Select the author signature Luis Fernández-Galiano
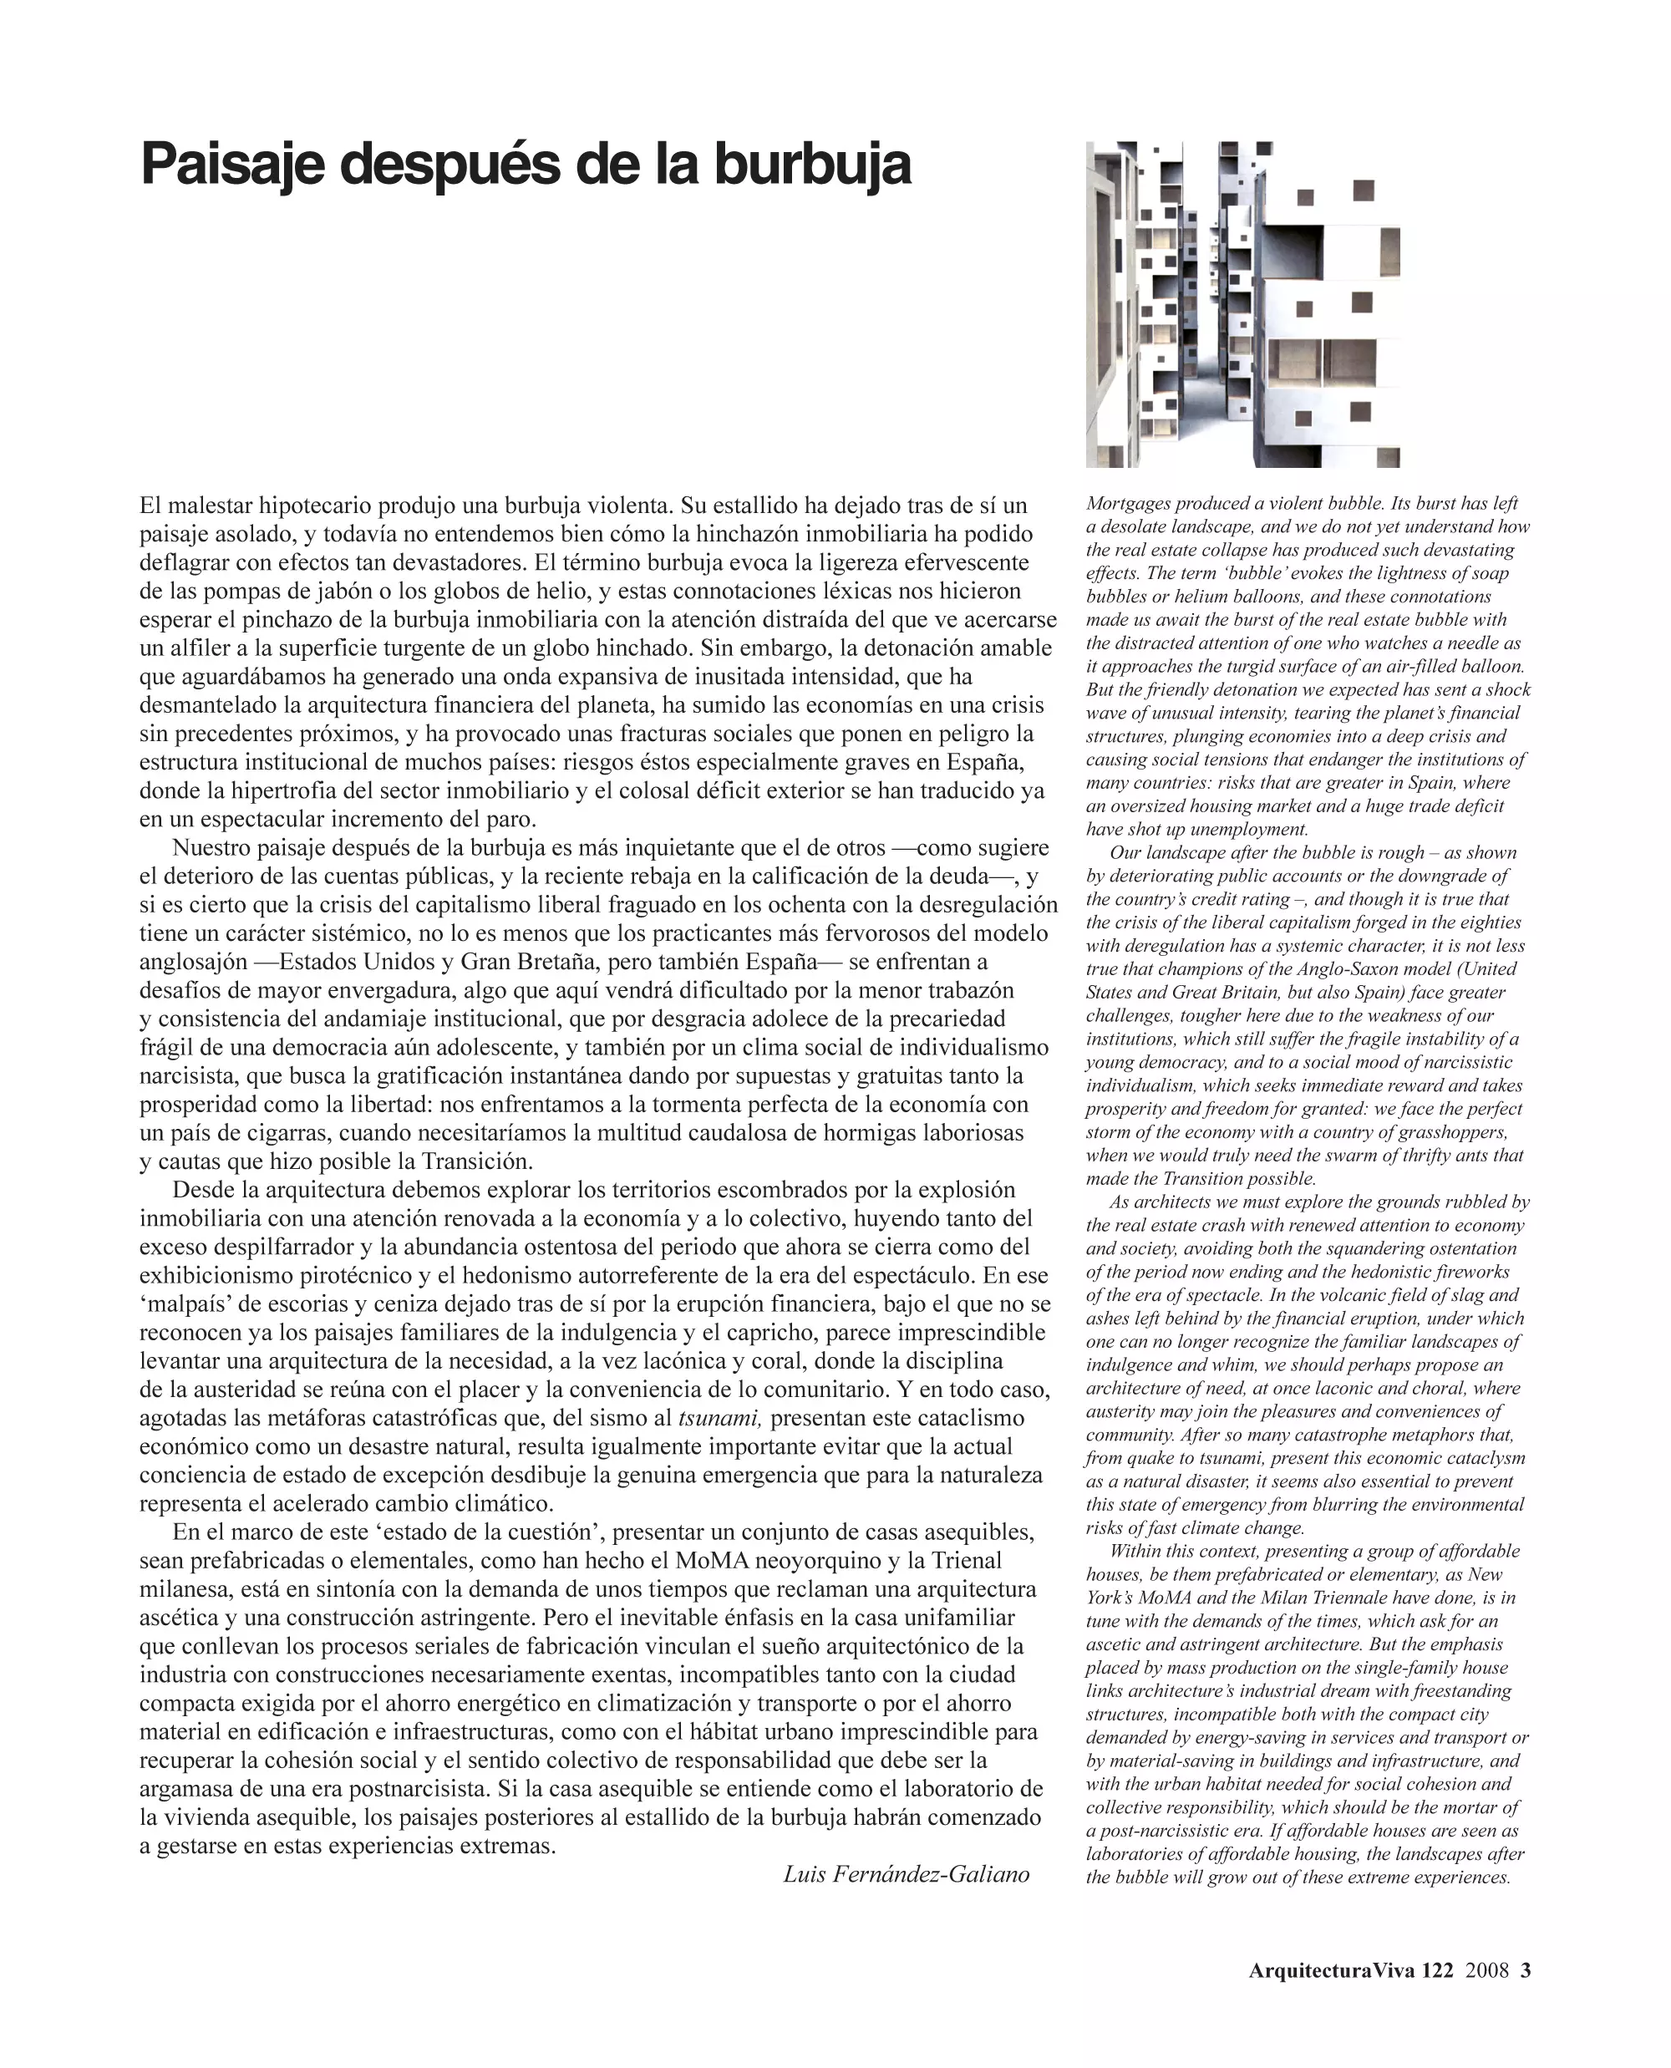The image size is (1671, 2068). pos(906,1873)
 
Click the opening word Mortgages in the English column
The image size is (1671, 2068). pos(1126,504)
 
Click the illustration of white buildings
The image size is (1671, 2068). pos(1242,304)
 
